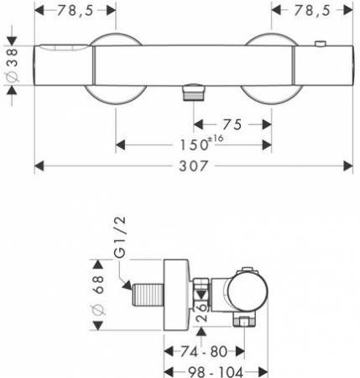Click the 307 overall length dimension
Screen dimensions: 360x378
pos(194,166)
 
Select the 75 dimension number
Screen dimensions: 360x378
pos(232,124)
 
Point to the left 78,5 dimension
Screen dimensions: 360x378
pos(75,11)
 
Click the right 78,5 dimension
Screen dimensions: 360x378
pos(311,11)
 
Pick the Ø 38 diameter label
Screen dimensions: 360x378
pos(13,66)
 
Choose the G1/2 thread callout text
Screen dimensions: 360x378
pos(120,237)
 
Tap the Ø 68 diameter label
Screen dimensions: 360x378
pos(98,295)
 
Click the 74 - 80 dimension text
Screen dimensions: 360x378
pos(204,351)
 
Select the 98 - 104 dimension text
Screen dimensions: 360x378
pos(216,372)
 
